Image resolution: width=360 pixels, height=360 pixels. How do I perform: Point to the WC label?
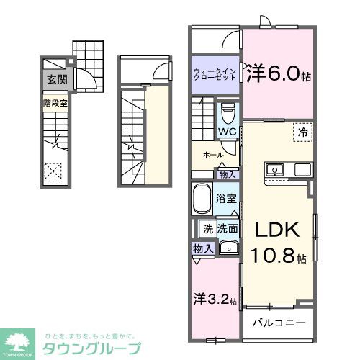(x=228, y=132)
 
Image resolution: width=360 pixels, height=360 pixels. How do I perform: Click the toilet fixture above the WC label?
(x=228, y=114)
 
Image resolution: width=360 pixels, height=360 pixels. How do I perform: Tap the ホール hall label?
(x=212, y=154)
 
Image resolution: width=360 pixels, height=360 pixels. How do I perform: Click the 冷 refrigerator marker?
(x=302, y=133)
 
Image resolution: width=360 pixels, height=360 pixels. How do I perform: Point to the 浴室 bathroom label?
(x=227, y=199)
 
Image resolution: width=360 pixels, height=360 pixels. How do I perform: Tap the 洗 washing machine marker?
(x=207, y=230)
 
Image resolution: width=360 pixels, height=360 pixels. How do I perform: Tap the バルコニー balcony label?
(x=278, y=323)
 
